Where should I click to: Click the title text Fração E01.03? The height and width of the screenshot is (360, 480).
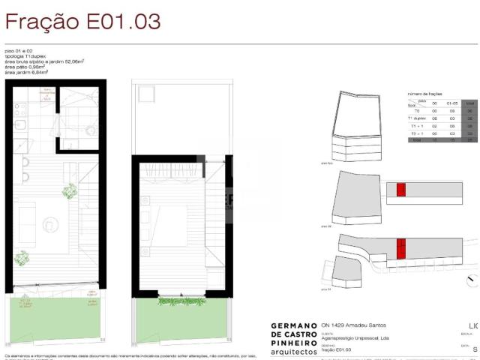[82, 21]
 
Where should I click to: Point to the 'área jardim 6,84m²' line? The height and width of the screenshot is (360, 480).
[26, 72]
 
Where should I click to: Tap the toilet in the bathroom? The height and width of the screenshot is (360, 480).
[90, 130]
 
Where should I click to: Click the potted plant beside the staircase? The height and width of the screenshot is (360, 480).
[70, 191]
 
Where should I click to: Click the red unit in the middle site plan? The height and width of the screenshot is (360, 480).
[400, 190]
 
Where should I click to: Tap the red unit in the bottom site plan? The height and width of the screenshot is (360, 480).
[400, 247]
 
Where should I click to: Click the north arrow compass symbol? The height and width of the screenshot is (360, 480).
[472, 280]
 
